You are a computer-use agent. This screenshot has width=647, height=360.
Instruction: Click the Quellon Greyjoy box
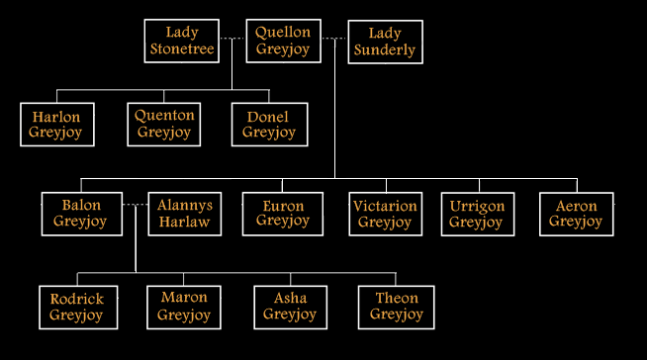282,41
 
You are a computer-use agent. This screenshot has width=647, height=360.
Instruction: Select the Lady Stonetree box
182,42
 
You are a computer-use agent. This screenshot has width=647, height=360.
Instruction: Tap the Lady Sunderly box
385,42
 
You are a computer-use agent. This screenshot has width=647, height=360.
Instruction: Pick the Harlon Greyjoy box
56,125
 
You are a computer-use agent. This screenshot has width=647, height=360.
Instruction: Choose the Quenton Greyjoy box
164,124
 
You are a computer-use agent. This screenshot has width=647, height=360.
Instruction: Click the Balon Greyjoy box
81,214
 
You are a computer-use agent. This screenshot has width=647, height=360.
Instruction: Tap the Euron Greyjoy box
283,214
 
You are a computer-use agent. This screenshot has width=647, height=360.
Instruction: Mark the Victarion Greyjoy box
385,214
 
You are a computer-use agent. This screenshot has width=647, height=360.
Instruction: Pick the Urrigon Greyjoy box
477,214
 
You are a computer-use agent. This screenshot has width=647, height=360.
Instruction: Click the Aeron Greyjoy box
576,214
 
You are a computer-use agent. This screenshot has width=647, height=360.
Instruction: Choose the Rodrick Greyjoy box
76,307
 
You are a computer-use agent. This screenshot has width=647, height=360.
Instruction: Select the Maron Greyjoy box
184,307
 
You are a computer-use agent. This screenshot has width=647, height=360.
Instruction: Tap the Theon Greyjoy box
396,307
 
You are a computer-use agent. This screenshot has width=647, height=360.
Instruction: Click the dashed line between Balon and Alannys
136,205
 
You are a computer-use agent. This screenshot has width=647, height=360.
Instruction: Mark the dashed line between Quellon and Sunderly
334,39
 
